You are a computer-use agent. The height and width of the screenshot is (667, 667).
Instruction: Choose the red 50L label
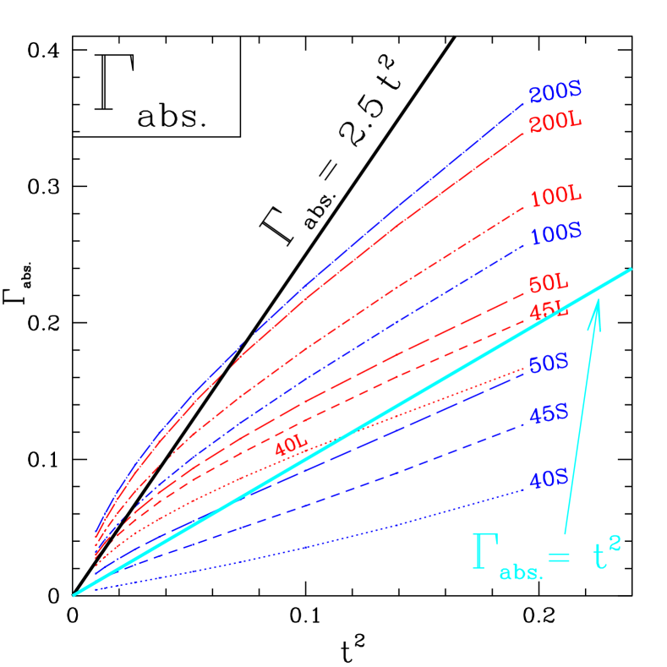(x=549, y=283)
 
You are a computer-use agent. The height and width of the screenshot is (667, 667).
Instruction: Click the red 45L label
(x=549, y=310)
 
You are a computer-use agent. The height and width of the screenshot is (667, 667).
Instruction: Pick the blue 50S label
(x=548, y=364)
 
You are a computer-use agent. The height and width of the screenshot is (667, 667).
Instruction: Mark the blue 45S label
(x=548, y=414)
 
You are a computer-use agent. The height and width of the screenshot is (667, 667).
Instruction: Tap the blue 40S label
(x=548, y=479)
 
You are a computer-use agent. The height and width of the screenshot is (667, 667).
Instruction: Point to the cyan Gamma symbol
(x=484, y=553)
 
